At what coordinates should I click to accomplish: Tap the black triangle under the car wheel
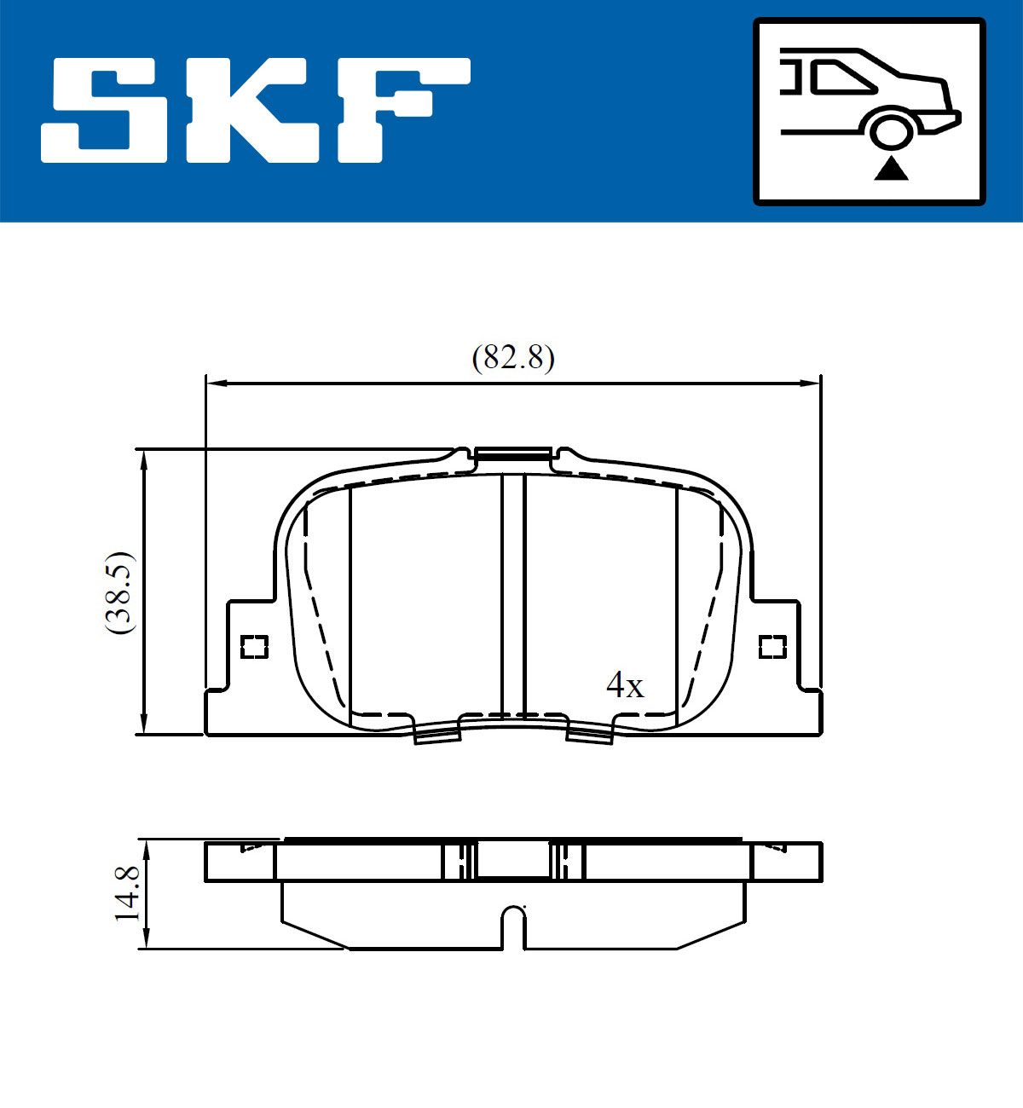click(891, 170)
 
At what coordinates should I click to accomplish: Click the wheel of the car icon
click(891, 131)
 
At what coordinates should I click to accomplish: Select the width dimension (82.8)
click(513, 357)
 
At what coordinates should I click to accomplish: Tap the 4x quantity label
click(625, 685)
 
